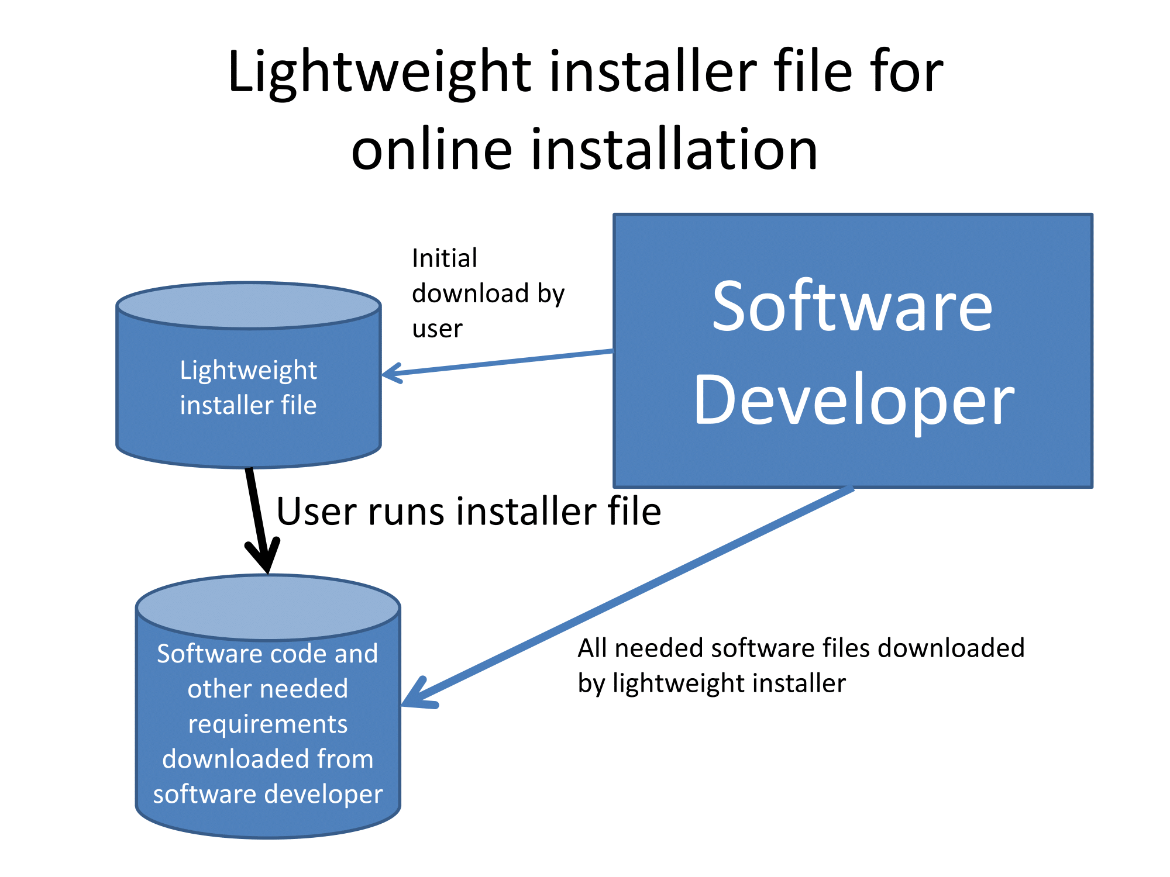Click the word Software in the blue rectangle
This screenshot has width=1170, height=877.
click(x=852, y=306)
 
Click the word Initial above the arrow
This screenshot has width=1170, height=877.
click(x=445, y=258)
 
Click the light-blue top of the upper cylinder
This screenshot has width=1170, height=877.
click(x=249, y=305)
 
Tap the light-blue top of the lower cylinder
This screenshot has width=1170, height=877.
click(x=268, y=608)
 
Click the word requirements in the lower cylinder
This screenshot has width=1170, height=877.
click(x=268, y=724)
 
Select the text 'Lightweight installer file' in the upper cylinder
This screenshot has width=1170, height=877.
click(x=249, y=387)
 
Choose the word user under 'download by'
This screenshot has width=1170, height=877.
click(x=437, y=329)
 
